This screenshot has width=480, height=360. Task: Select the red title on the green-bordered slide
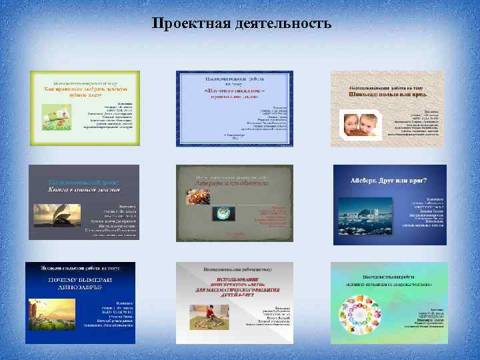point(83,91)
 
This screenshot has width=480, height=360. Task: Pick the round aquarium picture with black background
point(223,213)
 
